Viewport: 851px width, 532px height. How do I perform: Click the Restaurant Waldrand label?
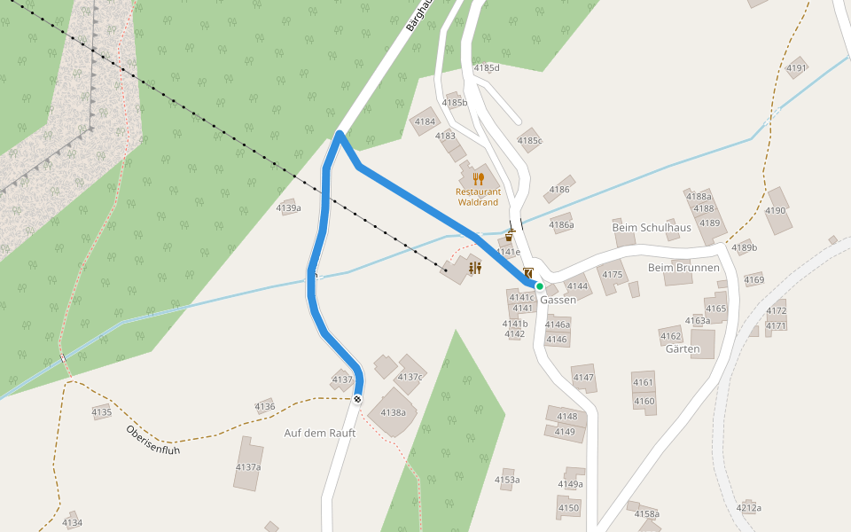pyautogui.click(x=478, y=196)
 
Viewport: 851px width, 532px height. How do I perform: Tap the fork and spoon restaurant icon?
pyautogui.click(x=479, y=179)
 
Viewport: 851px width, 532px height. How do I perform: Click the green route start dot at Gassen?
pyautogui.click(x=539, y=286)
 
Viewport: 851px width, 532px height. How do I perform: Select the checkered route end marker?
pyautogui.click(x=357, y=400)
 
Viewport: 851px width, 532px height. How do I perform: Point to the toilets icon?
pyautogui.click(x=475, y=268)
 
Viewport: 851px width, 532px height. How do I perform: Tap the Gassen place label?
pyautogui.click(x=558, y=300)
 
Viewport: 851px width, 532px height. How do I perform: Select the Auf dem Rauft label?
pyautogui.click(x=319, y=433)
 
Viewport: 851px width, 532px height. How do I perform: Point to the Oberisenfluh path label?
pyautogui.click(x=153, y=439)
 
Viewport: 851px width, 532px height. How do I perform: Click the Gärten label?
pyautogui.click(x=683, y=348)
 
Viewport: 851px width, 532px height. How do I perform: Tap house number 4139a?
pyautogui.click(x=289, y=208)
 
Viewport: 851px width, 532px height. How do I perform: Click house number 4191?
pyautogui.click(x=796, y=68)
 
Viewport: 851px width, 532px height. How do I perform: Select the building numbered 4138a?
pyautogui.click(x=393, y=412)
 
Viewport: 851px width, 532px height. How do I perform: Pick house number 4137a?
pyautogui.click(x=248, y=466)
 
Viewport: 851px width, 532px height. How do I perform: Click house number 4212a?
pyautogui.click(x=748, y=507)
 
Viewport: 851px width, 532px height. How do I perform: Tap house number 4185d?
pyautogui.click(x=487, y=67)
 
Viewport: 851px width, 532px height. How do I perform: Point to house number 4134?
pyautogui.click(x=73, y=522)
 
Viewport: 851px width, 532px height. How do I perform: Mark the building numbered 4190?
pyautogui.click(x=776, y=210)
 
